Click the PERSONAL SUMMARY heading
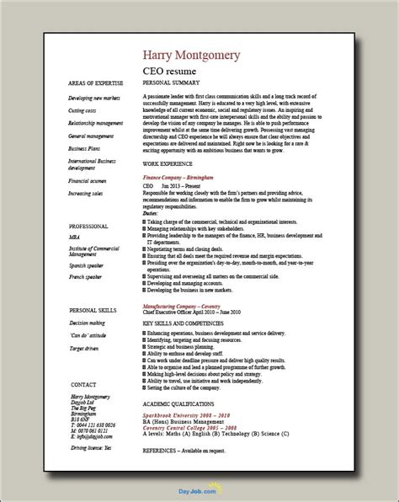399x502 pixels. [169, 85]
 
